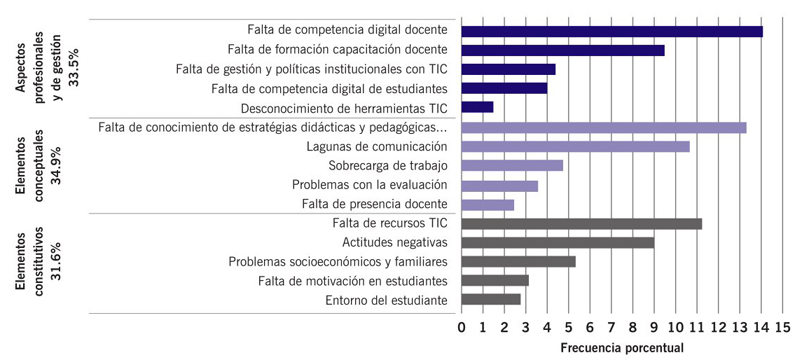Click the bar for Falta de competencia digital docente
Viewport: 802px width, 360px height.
pyautogui.click(x=612, y=31)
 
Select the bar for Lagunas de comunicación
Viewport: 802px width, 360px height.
pyautogui.click(x=575, y=146)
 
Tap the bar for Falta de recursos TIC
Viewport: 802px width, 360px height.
pyautogui.click(x=581, y=223)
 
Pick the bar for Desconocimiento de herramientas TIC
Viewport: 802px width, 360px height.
pyautogui.click(x=477, y=107)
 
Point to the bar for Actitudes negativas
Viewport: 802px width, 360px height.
pyautogui.click(x=558, y=242)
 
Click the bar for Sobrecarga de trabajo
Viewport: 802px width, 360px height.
pyautogui.click(x=512, y=165)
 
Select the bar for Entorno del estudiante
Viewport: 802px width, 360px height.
pyautogui.click(x=491, y=299)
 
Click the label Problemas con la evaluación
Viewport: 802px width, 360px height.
pyautogui.click(x=370, y=185)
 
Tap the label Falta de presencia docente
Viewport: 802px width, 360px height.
pyautogui.click(x=374, y=204)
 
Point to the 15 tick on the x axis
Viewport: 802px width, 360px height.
pyautogui.click(x=781, y=326)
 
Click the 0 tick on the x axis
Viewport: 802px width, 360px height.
pyautogui.click(x=462, y=326)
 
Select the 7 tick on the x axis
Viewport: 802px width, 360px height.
pyautogui.click(x=611, y=326)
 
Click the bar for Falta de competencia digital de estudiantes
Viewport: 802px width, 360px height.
pyautogui.click(x=504, y=88)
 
